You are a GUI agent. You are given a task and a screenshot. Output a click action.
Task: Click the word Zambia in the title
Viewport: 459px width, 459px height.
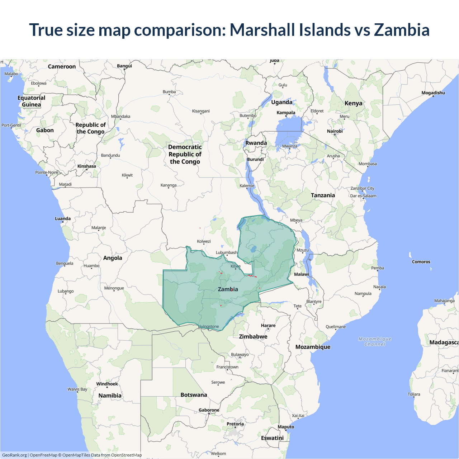point(402,30)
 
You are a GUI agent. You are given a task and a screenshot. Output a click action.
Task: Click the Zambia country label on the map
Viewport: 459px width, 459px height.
point(228,289)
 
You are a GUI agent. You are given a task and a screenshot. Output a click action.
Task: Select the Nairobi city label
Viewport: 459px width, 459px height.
point(335,131)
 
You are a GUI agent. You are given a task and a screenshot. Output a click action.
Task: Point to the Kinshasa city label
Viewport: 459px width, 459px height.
point(87,166)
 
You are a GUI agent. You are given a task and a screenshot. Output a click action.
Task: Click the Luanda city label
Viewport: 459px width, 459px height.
point(63,219)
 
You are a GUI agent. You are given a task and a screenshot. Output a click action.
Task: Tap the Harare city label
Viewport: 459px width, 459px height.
point(268,326)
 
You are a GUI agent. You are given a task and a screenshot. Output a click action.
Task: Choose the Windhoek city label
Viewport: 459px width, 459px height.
point(107,384)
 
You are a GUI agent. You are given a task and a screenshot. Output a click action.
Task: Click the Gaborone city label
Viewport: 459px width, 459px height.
point(209,410)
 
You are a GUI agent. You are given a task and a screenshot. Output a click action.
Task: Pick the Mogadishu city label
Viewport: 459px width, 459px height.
point(433,93)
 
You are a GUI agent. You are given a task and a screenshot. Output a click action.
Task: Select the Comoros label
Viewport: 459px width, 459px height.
point(421,262)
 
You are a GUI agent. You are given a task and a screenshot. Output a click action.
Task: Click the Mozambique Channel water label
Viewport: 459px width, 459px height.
point(375,341)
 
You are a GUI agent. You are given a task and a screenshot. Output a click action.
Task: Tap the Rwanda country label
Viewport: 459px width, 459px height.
point(256,143)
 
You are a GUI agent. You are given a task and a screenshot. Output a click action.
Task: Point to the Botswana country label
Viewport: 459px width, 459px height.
point(194,395)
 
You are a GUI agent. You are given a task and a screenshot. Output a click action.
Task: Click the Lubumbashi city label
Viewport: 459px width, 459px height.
point(227,253)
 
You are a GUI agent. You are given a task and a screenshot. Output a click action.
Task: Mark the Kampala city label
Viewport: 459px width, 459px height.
point(286,113)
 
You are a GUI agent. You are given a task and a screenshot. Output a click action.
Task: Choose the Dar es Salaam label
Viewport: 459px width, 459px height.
point(363,196)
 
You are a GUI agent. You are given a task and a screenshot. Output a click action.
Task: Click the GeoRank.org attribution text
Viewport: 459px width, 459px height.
point(14,455)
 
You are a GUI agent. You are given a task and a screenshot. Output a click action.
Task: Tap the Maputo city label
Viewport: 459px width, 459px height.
point(286,427)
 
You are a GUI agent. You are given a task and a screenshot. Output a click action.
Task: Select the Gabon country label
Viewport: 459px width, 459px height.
point(45,131)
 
